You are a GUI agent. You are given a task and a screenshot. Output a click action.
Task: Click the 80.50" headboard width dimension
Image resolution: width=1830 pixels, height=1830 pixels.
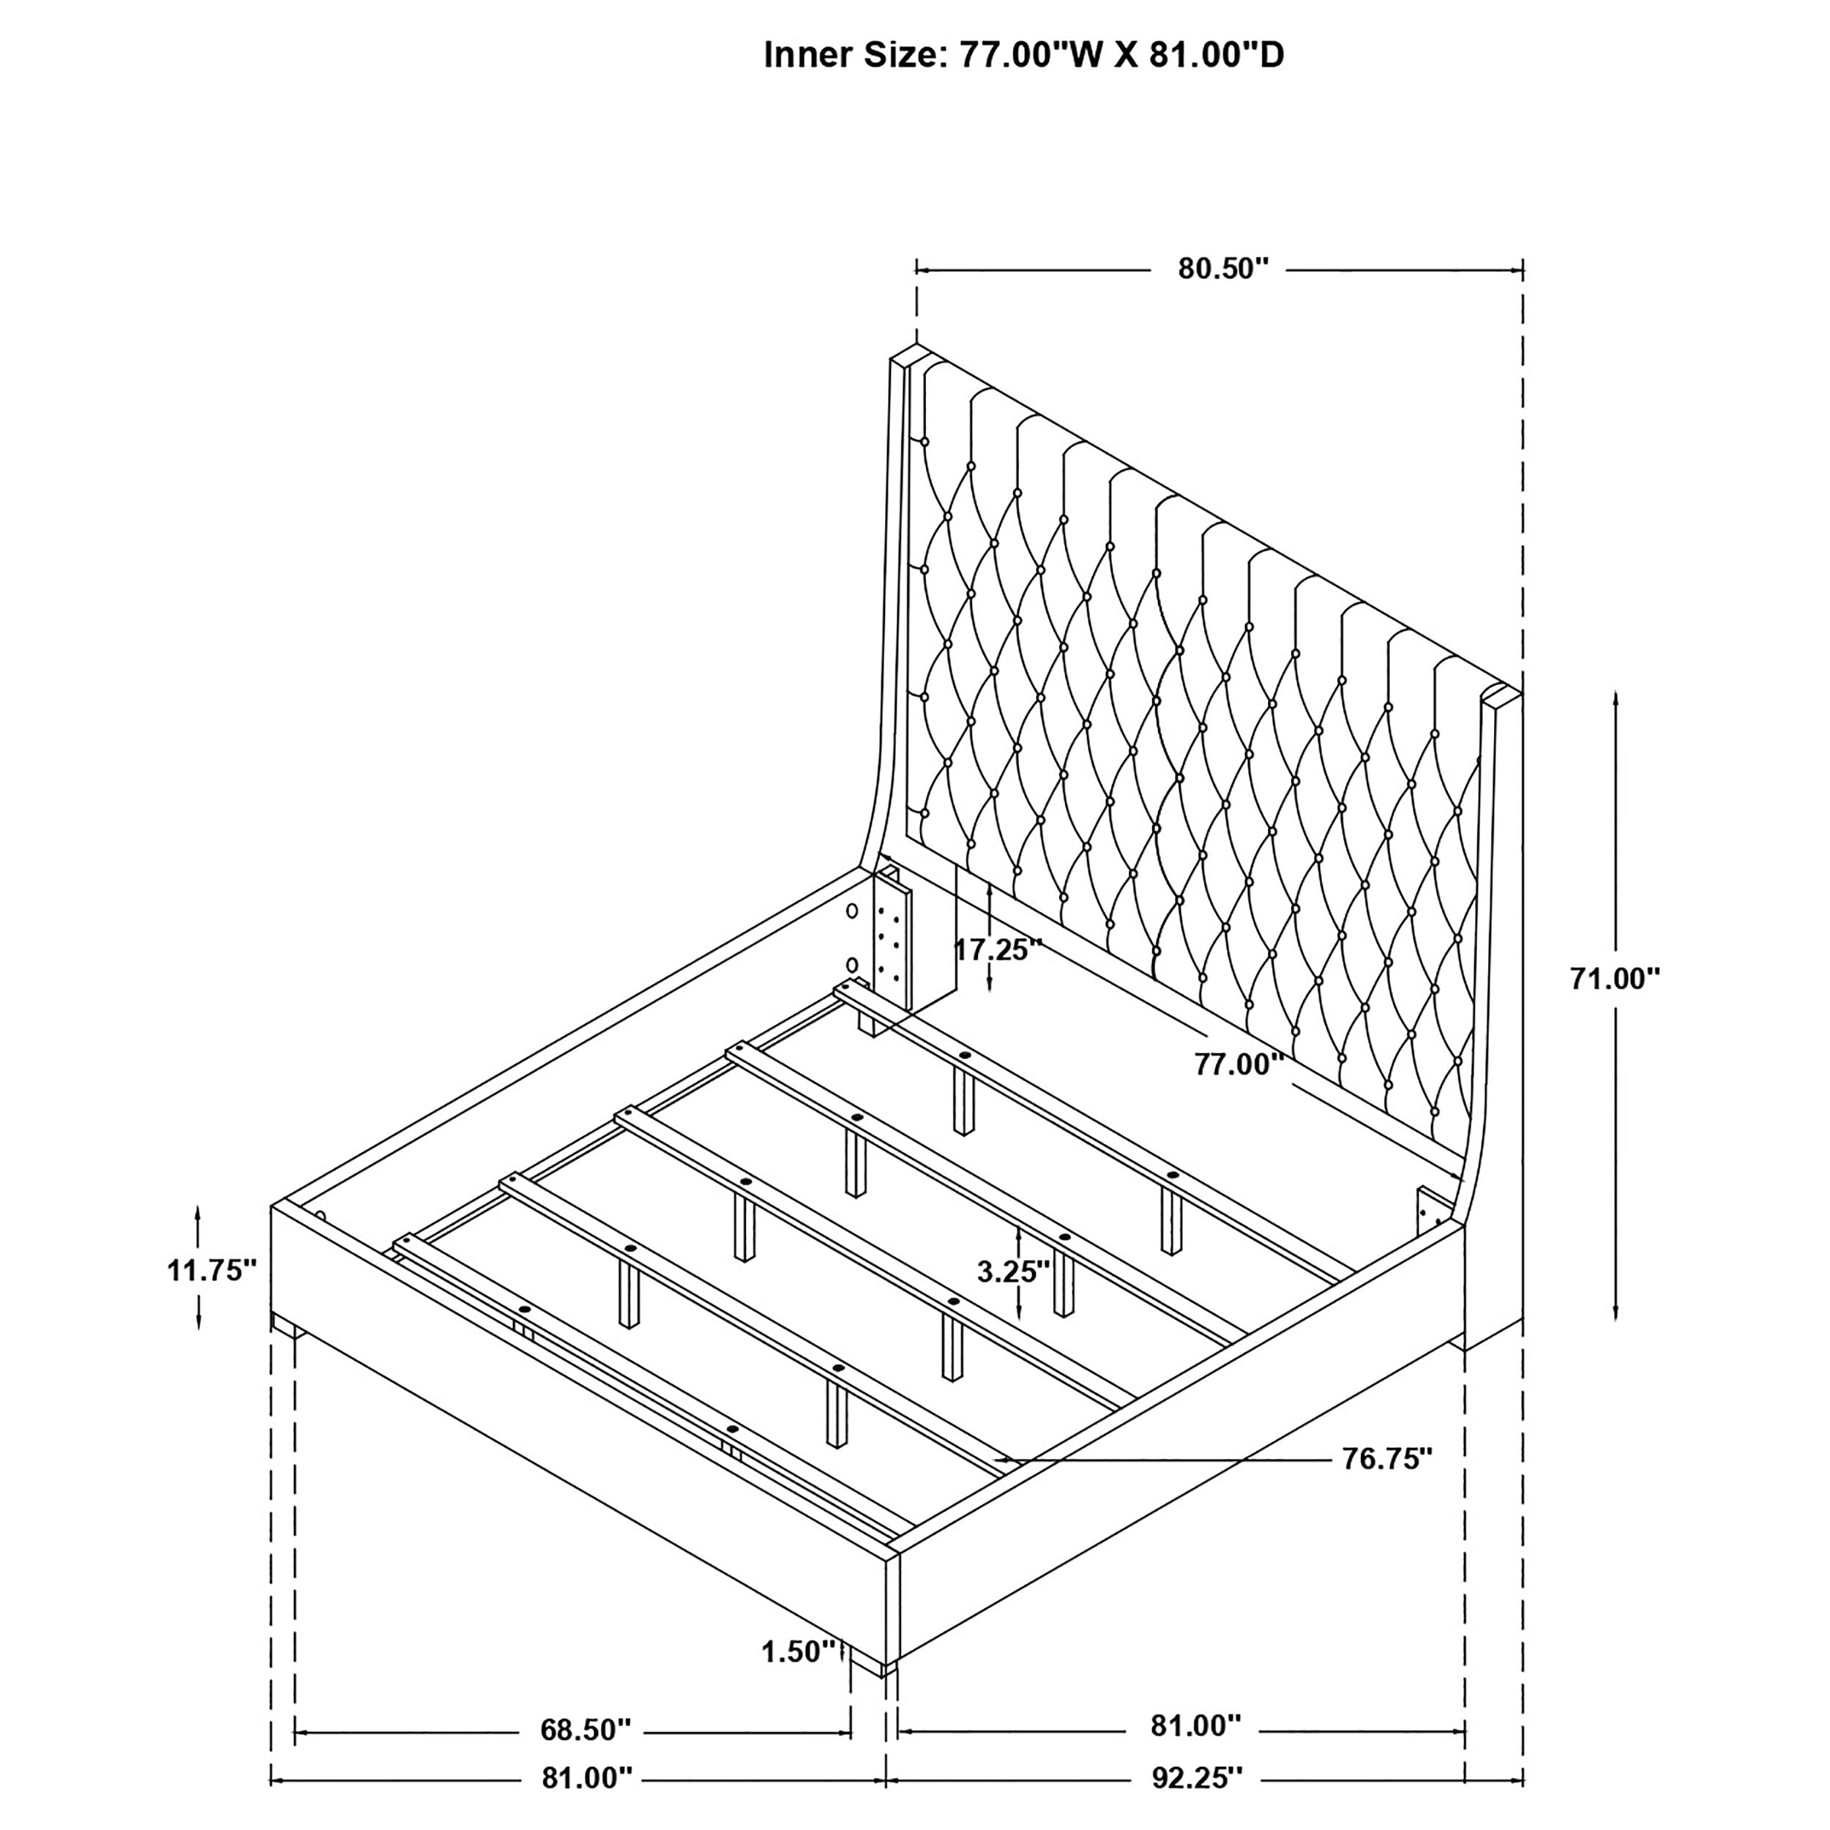pyautogui.click(x=1222, y=269)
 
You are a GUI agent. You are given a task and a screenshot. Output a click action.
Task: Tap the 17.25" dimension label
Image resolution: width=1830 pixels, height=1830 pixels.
pyautogui.click(x=998, y=949)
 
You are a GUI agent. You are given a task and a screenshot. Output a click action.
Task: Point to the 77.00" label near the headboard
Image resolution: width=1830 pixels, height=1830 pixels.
pyautogui.click(x=1238, y=1064)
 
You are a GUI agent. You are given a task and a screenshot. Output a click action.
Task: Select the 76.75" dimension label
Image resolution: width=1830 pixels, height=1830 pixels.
pyautogui.click(x=1386, y=1485)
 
